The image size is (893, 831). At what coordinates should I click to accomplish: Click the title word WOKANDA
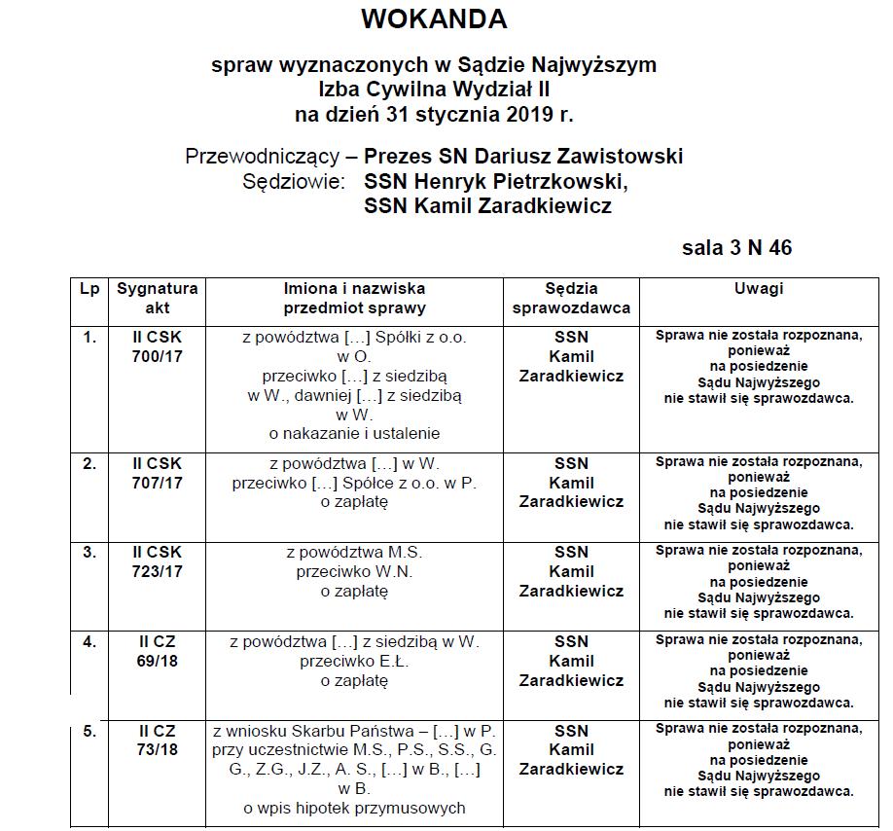pyautogui.click(x=434, y=18)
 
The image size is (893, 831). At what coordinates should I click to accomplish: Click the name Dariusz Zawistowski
pyautogui.click(x=570, y=156)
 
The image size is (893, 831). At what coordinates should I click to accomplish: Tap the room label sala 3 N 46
pyautogui.click(x=736, y=247)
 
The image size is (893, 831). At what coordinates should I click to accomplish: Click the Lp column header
pyautogui.click(x=89, y=289)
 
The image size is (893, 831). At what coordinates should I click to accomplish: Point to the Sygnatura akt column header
pyautogui.click(x=158, y=298)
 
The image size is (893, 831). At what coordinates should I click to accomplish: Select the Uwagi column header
pyautogui.click(x=759, y=289)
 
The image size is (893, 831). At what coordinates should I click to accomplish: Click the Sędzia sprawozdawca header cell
pyautogui.click(x=571, y=298)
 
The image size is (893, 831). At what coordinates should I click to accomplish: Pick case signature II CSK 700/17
pyautogui.click(x=158, y=346)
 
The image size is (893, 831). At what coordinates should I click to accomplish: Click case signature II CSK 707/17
pyautogui.click(x=158, y=473)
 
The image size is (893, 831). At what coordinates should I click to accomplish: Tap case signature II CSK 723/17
pyautogui.click(x=158, y=562)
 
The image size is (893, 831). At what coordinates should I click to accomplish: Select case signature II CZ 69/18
pyautogui.click(x=158, y=652)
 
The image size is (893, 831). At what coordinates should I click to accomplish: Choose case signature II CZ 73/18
pyautogui.click(x=158, y=740)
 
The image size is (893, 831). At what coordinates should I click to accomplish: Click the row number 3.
pyautogui.click(x=89, y=553)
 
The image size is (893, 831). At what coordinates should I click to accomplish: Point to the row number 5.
pyautogui.click(x=89, y=731)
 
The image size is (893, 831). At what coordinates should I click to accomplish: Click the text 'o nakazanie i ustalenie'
pyautogui.click(x=355, y=433)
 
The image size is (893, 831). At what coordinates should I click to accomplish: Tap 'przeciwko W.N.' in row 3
pyautogui.click(x=355, y=572)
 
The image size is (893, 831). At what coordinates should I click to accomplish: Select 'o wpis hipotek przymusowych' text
pyautogui.click(x=355, y=808)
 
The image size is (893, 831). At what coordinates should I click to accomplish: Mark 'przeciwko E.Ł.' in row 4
pyautogui.click(x=355, y=662)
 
